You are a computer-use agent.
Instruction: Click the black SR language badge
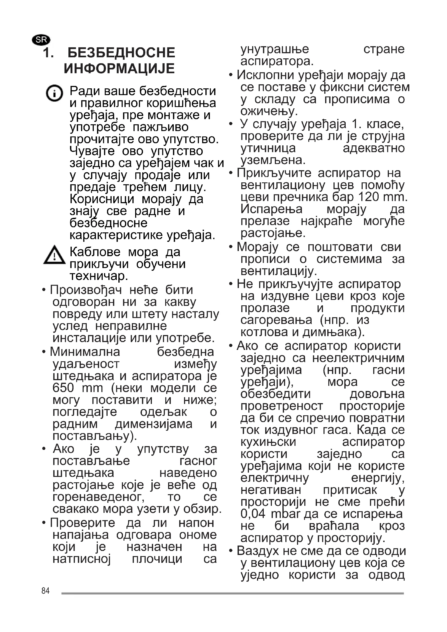41,40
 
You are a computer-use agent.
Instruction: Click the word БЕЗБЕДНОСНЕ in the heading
121,53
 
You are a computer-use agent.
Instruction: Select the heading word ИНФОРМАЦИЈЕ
119,68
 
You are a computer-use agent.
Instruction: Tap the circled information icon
54,93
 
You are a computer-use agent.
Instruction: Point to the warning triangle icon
54,255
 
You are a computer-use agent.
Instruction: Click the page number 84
45,590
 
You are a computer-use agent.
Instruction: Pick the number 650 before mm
63,388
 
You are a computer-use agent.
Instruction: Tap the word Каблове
95,252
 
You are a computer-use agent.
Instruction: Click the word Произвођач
86,290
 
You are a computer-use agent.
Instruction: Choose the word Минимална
85,352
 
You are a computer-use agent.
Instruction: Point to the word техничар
99,276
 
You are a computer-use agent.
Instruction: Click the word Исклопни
266,75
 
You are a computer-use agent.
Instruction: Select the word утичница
268,148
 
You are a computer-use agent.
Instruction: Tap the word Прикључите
274,173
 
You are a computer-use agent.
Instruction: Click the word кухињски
268,442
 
